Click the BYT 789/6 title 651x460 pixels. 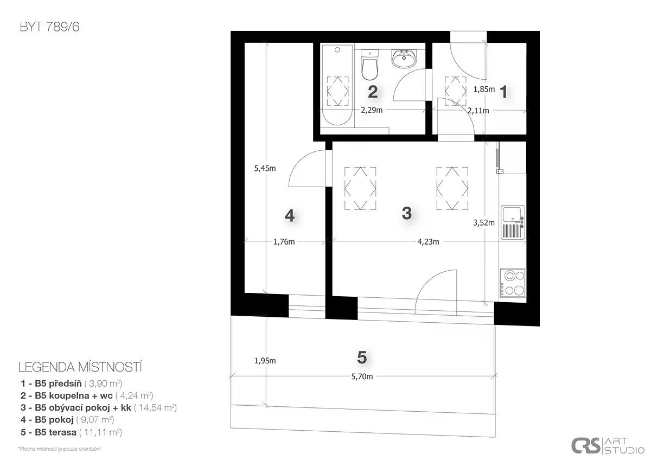click(x=49, y=27)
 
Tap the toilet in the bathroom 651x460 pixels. click(x=369, y=65)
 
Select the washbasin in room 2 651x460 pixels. click(x=404, y=59)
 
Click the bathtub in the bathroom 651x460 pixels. click(x=337, y=85)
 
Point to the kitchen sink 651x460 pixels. click(x=513, y=222)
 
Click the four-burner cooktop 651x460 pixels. click(x=513, y=283)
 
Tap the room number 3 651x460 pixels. click(x=406, y=213)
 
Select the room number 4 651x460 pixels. click(x=290, y=215)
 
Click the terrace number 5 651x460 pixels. click(x=362, y=357)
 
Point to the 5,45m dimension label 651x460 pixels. click(x=265, y=169)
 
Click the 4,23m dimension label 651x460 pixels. click(x=428, y=242)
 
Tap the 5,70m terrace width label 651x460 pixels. click(x=362, y=376)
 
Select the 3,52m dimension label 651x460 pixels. click(x=483, y=223)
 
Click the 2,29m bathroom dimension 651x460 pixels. click(x=372, y=110)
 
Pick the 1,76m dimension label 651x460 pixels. click(x=284, y=242)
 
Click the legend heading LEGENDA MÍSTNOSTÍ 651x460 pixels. click(x=80, y=367)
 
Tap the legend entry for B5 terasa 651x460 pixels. click(x=71, y=432)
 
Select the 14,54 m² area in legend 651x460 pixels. click(x=156, y=408)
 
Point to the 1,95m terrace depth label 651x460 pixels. click(x=265, y=361)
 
